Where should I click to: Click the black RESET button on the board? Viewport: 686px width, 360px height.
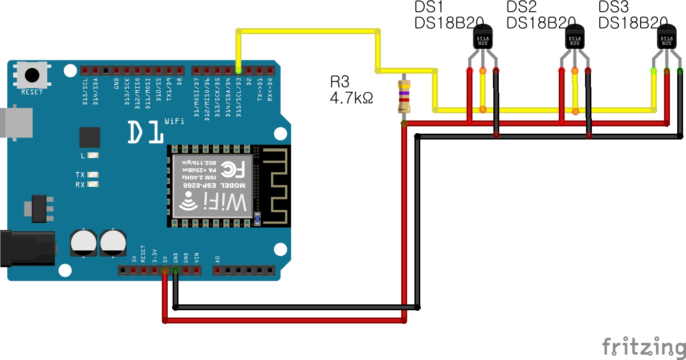pos(32,75)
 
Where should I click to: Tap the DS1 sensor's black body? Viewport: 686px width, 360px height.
pos(483,39)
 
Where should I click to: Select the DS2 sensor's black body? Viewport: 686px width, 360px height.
pos(575,39)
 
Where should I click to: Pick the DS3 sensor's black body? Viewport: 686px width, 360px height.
pos(666,39)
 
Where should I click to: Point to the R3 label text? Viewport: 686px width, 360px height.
pos(340,81)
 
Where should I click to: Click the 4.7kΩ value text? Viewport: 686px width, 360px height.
pos(351,98)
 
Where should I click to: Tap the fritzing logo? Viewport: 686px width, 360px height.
pos(644,347)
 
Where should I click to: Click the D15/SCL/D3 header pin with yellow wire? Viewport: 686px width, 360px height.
pos(238,71)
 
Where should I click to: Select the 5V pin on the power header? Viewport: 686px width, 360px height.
pos(165,271)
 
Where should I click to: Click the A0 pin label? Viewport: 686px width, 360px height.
pos(217,258)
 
